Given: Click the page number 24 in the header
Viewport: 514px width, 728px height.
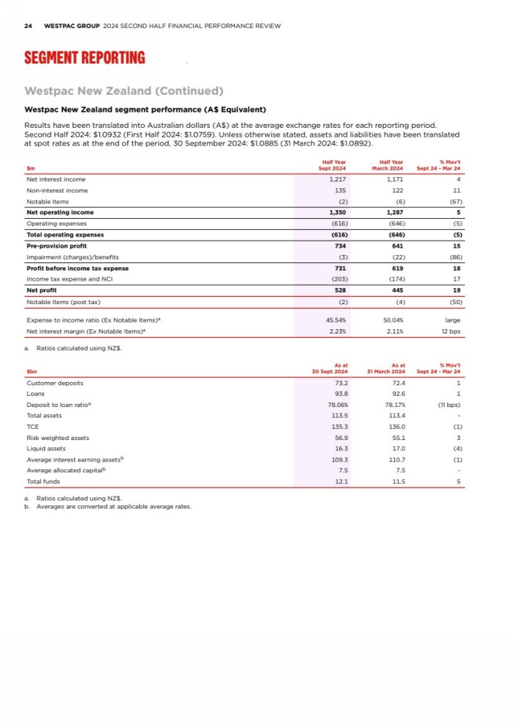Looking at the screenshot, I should click(28, 26).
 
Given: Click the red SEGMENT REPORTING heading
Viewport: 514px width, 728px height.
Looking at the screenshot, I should click(84, 58).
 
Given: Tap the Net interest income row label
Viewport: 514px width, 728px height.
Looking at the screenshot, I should click(56, 179).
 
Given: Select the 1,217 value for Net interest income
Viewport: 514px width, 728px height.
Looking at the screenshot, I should click(337, 179).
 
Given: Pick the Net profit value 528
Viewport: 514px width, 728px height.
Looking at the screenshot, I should click(339, 290).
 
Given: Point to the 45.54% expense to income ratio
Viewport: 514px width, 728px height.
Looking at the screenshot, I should click(336, 320).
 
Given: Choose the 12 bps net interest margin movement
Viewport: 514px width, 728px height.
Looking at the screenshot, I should click(451, 331).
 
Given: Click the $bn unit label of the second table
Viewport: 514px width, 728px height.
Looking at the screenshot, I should click(32, 371).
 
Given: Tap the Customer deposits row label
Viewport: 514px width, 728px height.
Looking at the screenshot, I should click(54, 383).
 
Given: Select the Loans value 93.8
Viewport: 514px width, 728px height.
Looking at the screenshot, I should click(340, 394).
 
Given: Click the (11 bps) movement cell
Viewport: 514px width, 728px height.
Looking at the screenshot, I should click(448, 405).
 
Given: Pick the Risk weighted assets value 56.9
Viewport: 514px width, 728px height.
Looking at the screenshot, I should click(340, 438).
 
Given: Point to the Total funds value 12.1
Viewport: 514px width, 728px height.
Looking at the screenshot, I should click(340, 482).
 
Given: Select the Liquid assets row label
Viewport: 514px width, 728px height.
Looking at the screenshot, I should click(46, 449).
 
